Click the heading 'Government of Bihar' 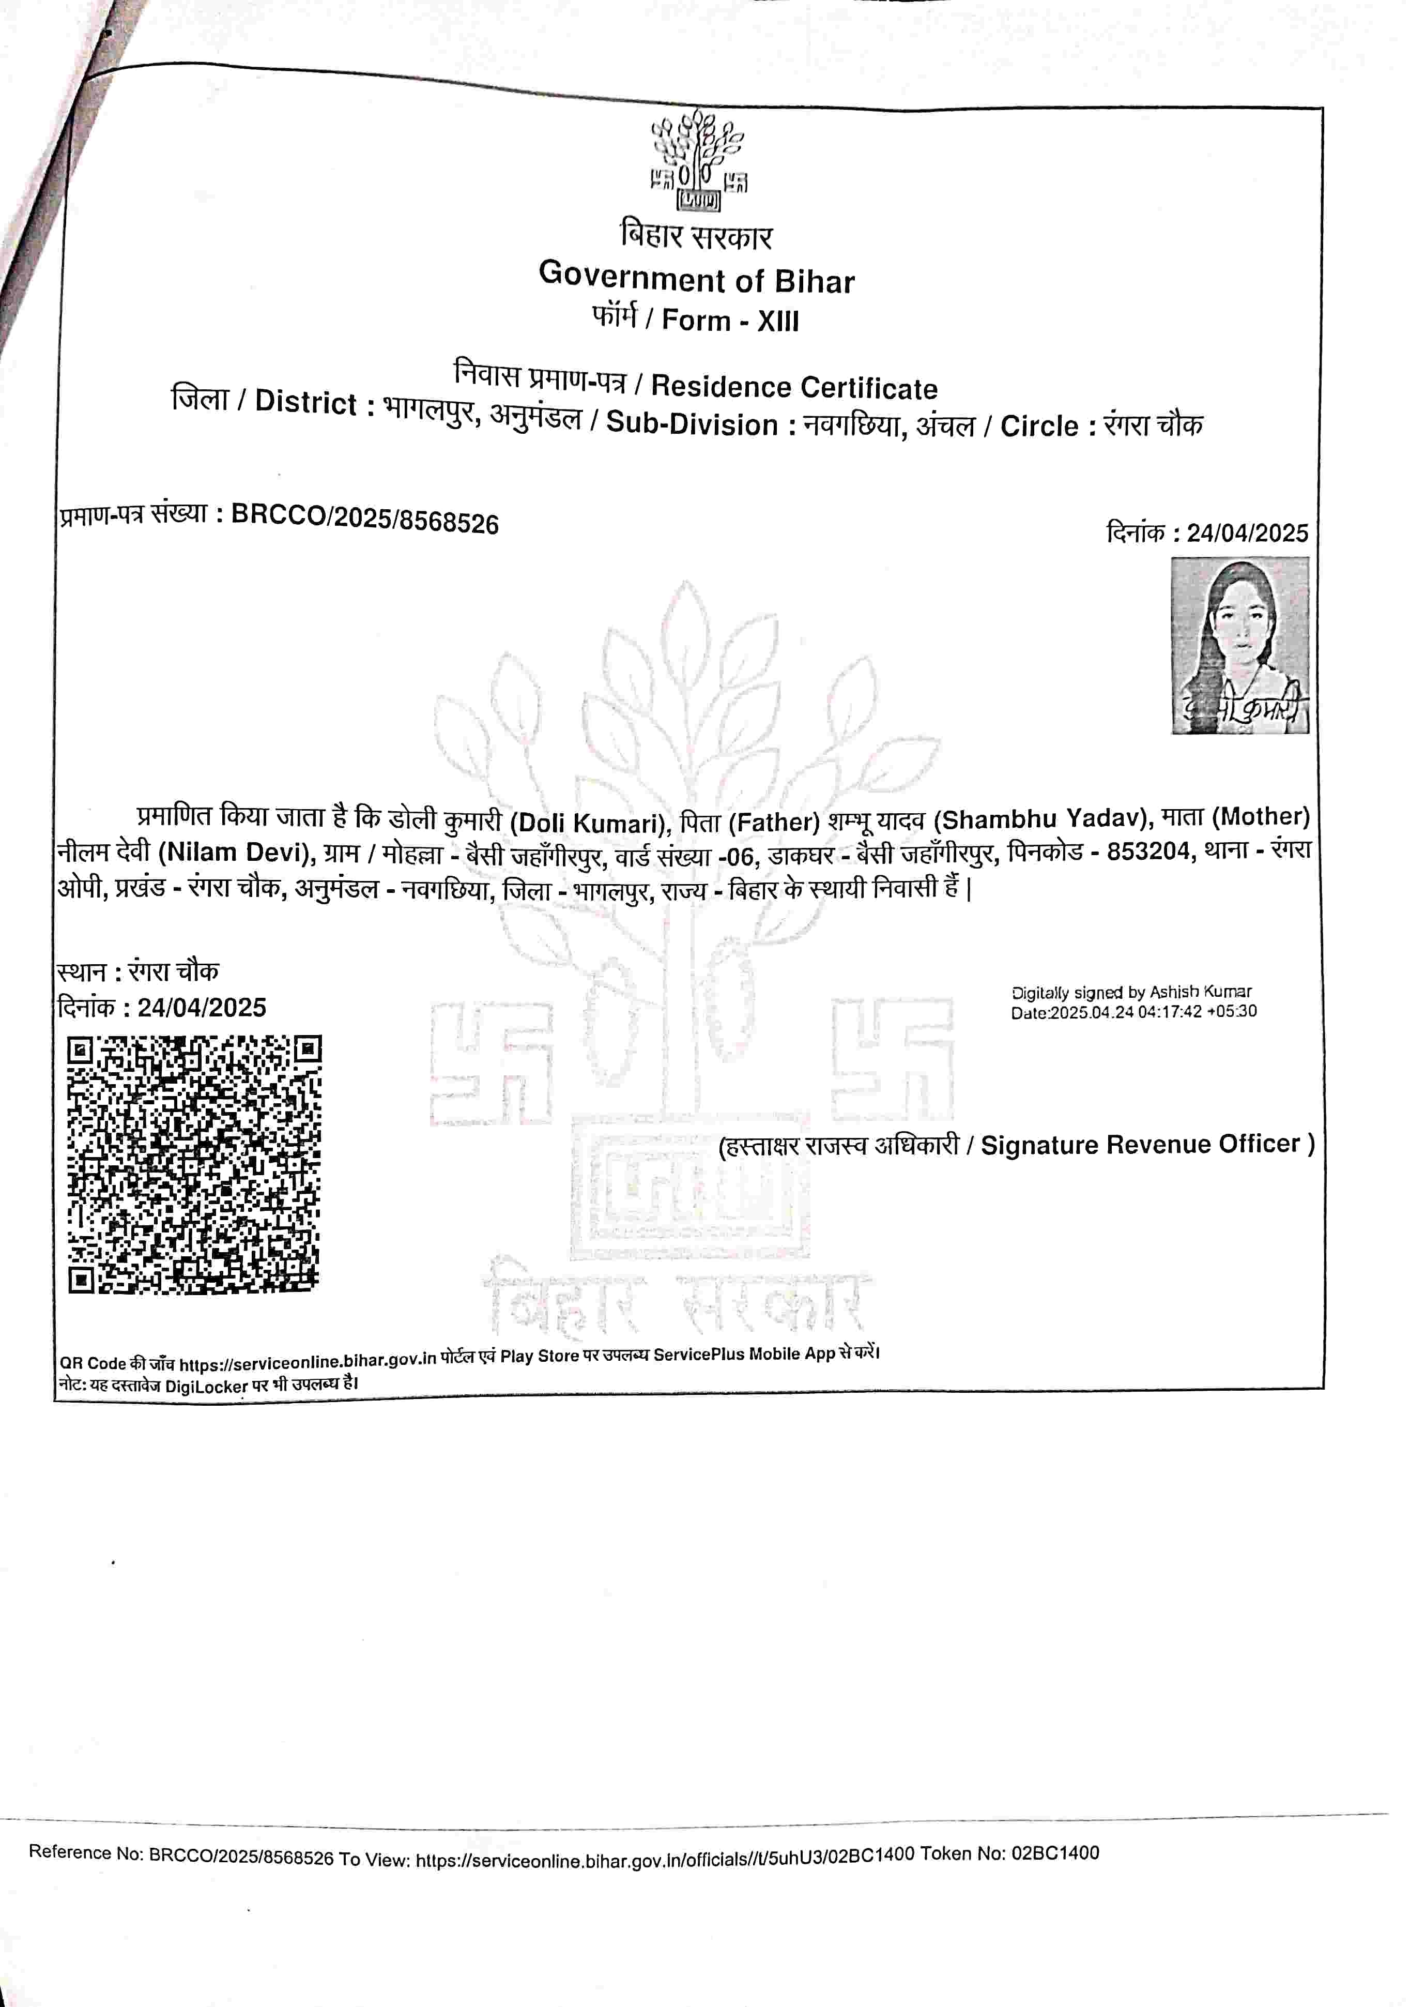[697, 279]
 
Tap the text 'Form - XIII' [730, 320]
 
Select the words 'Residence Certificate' [794, 386]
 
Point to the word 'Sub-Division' [692, 424]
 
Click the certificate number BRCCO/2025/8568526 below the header [364, 519]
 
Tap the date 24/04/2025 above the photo [1247, 533]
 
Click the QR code [194, 1164]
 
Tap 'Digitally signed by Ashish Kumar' [1131, 992]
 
